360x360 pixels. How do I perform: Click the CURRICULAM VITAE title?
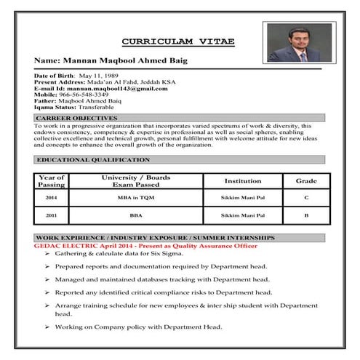point(177,41)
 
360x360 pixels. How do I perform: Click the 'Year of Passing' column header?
point(51,180)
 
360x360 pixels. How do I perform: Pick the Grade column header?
point(305,180)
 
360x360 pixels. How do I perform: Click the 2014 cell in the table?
point(51,198)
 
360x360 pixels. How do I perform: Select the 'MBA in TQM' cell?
point(136,198)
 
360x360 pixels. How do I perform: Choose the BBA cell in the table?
point(136,216)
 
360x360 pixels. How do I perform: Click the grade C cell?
point(306,198)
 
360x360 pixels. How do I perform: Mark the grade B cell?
point(306,216)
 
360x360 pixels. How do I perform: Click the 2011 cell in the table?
point(51,216)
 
